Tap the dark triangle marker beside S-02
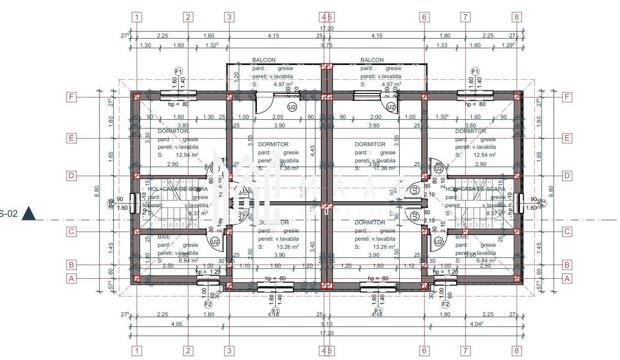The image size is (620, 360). (28, 214)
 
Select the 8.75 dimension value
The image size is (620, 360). (327, 45)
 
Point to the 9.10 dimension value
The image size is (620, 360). (327, 324)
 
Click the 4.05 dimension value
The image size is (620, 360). (163, 324)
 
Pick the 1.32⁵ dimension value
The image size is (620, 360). (212, 45)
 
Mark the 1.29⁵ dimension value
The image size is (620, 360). (508, 45)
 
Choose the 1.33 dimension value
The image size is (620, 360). (442, 45)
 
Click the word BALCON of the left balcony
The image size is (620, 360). (261, 60)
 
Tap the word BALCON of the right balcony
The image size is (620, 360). (372, 60)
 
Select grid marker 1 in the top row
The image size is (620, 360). (137, 17)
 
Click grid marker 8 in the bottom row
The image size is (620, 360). (516, 350)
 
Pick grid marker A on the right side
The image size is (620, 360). (567, 278)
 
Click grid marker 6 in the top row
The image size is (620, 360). (425, 17)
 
